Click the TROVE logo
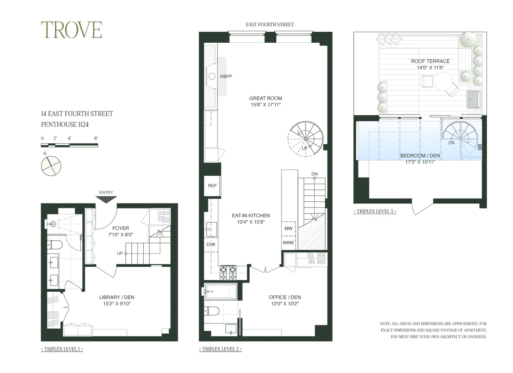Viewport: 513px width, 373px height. (71, 30)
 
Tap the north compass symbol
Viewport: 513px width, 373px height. (51, 166)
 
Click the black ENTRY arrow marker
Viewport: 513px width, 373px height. (106, 199)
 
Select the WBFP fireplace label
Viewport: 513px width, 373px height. (226, 77)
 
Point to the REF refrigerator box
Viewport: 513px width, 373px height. (212, 186)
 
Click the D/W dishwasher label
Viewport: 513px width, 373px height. (211, 244)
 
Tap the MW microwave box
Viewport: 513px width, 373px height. (288, 228)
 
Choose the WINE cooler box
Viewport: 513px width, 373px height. (288, 243)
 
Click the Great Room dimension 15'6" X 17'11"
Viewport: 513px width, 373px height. (265, 105)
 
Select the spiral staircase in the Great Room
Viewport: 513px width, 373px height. (305, 138)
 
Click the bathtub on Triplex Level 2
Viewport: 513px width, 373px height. (221, 291)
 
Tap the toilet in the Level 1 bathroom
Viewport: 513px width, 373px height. (55, 244)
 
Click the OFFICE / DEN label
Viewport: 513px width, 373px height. (285, 297)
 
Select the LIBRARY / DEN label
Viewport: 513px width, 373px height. (117, 297)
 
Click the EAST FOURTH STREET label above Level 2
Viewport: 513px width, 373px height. (269, 25)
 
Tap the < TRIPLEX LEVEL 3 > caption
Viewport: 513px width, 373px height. (375, 211)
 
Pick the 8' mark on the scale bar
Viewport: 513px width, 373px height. (96, 138)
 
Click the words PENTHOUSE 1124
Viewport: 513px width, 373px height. (65, 124)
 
